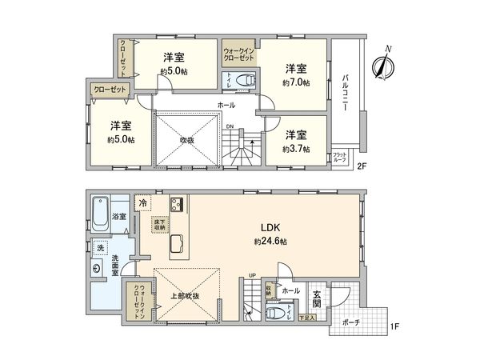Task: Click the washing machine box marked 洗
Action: [100, 249]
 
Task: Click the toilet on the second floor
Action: [247, 80]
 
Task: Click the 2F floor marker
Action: [362, 166]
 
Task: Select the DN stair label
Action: [229, 126]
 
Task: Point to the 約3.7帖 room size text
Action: [295, 149]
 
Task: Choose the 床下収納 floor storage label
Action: [160, 225]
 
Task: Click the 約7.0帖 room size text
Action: [296, 82]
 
